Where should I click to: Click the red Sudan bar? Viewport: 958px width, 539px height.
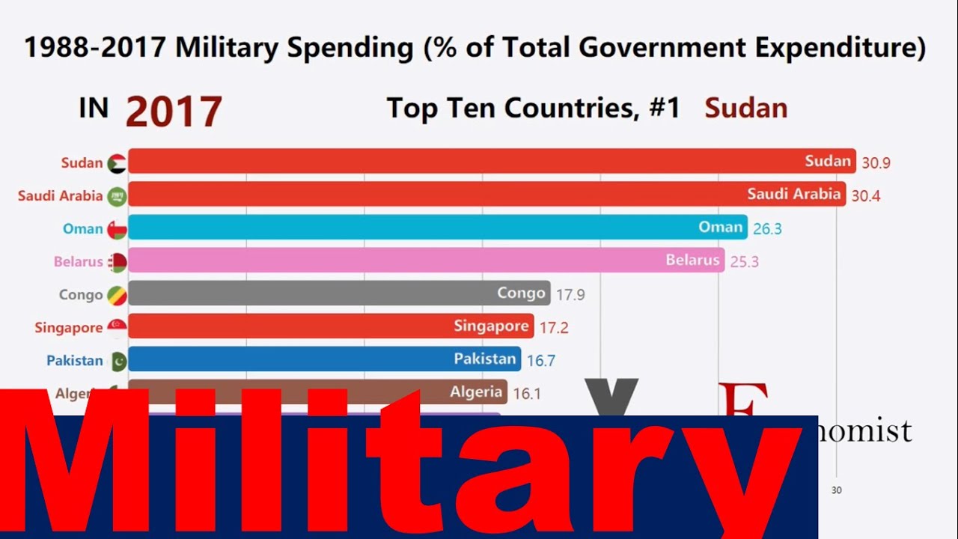point(491,161)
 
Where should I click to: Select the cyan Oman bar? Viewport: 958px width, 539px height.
point(437,228)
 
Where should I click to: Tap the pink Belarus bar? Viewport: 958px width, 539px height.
point(426,261)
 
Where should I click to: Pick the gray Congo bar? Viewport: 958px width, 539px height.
point(339,293)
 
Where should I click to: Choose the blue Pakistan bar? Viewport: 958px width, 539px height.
point(325,359)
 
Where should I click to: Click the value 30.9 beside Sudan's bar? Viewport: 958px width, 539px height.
point(876,162)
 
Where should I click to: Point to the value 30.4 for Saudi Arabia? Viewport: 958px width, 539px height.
point(866,196)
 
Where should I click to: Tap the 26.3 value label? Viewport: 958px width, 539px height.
point(767,228)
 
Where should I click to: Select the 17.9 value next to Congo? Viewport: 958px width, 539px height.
point(570,295)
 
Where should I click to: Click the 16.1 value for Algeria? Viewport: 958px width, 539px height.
point(526,393)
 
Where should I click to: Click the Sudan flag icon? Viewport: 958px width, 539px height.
point(117,163)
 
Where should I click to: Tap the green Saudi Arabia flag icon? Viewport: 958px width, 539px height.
point(117,196)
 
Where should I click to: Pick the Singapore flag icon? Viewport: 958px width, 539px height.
point(117,328)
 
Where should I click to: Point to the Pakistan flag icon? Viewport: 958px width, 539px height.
point(118,361)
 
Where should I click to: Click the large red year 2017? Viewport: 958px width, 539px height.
point(174,112)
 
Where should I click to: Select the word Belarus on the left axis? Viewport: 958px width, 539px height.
point(78,262)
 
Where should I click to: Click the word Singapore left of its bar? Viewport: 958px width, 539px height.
point(68,328)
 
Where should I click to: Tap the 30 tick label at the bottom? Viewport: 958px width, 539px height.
point(837,490)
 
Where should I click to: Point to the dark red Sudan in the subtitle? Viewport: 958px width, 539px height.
point(746,109)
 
